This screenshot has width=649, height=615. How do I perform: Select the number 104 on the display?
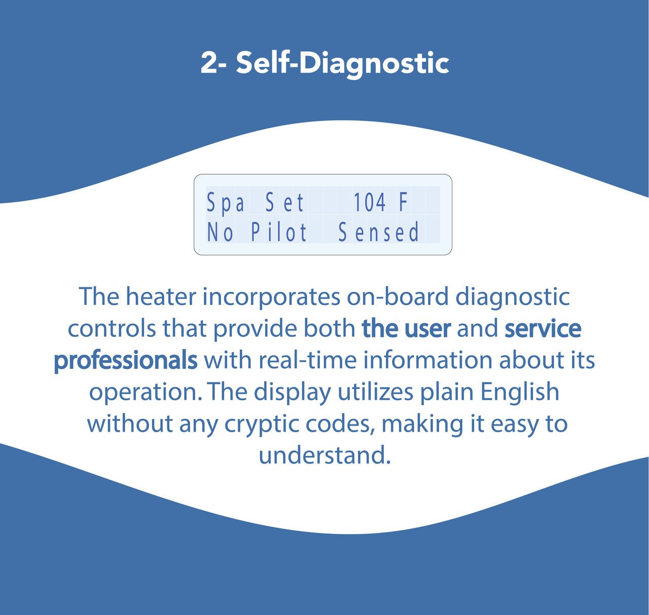pos(370,202)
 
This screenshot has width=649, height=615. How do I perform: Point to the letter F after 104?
pos(403,202)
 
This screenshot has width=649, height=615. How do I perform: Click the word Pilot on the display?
pos(279,233)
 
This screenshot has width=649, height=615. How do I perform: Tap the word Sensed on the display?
pos(379,233)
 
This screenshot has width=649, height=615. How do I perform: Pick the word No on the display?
pos(220,233)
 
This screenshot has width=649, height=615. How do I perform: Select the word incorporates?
pos(271,298)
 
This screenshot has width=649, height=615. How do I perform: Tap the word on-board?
pos(398,297)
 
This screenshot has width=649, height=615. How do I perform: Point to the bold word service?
pos(543,329)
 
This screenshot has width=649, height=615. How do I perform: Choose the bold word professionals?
pos(126,360)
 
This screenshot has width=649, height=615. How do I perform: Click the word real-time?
pos(308,360)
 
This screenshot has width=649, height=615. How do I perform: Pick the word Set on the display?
pos(284,202)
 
